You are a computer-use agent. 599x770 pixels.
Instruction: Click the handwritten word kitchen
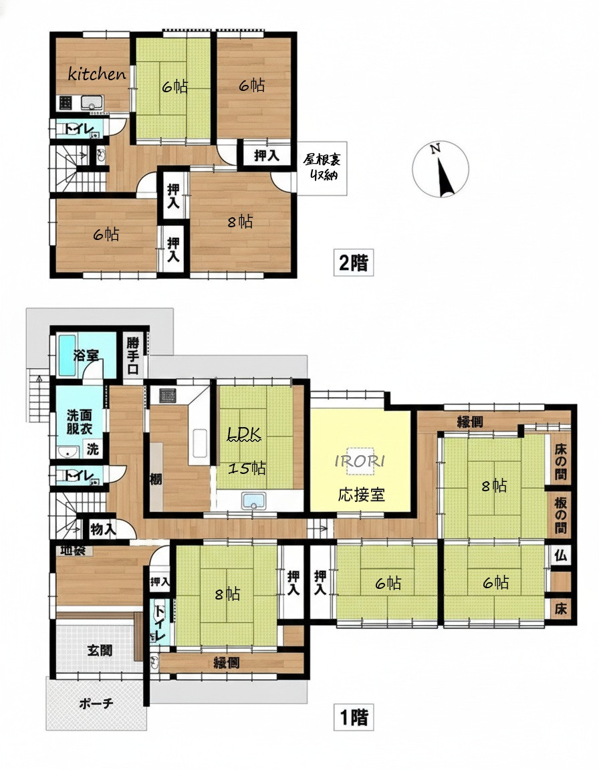97,74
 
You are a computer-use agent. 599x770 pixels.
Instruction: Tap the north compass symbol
441,170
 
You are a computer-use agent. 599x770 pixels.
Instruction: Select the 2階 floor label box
354,263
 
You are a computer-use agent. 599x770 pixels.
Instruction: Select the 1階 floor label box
354,717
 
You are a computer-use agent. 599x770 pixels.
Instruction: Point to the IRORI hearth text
360,461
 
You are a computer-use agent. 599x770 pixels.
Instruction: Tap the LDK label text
244,434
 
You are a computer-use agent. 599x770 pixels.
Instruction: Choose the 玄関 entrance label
100,650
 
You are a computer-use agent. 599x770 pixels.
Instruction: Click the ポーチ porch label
96,704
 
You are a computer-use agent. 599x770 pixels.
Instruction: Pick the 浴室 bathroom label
86,355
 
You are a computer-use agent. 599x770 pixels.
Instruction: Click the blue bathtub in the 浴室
66,355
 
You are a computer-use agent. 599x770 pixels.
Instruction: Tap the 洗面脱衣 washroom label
80,422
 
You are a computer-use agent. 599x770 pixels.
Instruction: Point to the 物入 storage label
103,529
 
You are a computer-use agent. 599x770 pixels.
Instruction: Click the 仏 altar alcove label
560,555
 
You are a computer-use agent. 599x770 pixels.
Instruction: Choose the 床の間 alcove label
561,462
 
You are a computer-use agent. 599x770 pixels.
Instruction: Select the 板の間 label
561,515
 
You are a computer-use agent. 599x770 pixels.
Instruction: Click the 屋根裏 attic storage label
322,167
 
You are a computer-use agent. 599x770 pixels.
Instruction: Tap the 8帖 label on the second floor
240,222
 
